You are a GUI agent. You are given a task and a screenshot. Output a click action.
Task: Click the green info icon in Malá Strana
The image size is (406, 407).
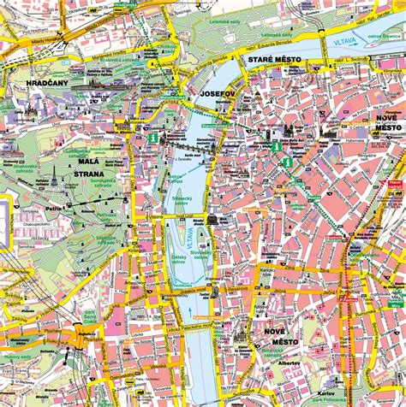[x=153, y=137]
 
